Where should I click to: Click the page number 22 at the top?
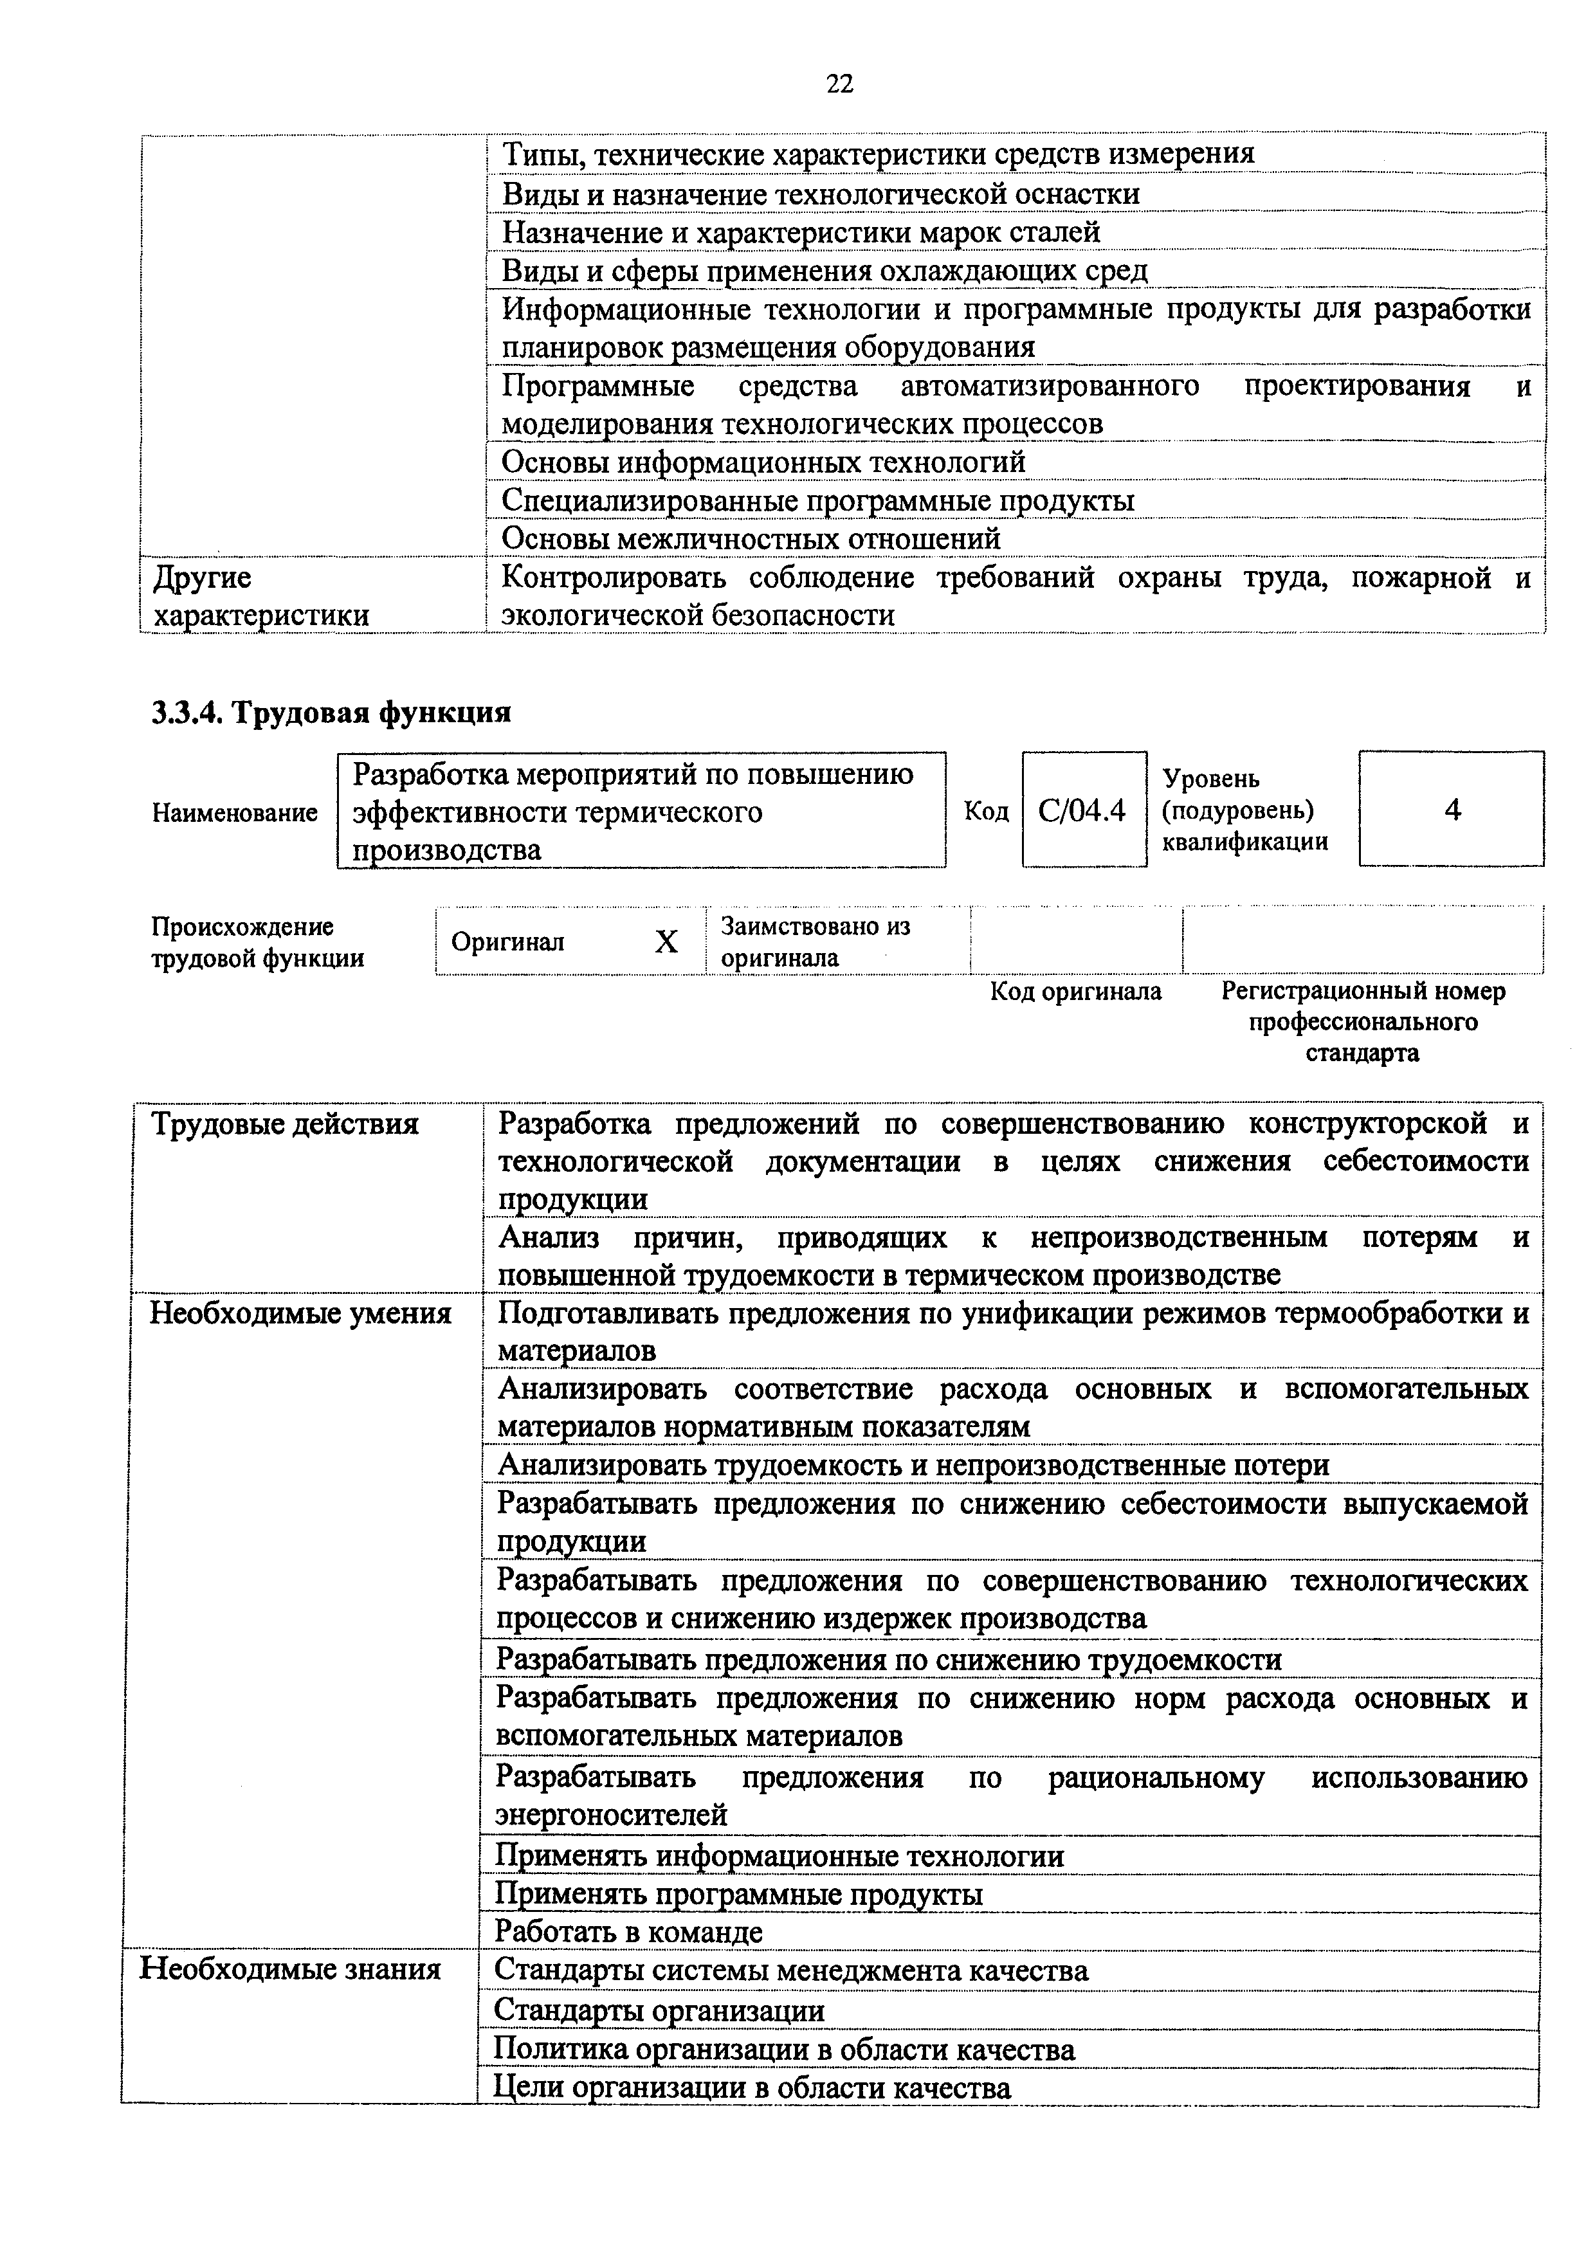(x=839, y=84)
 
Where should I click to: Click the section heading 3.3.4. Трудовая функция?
(x=331, y=713)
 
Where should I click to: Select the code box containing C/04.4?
(x=1083, y=810)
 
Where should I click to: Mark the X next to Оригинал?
(x=666, y=942)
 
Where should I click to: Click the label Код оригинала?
(x=1075, y=992)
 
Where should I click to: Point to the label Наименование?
(x=235, y=813)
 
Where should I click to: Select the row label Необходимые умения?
(x=300, y=1314)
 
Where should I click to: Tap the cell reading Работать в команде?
(x=629, y=1932)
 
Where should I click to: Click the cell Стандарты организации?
(x=659, y=2010)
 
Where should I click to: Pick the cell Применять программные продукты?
(x=739, y=1893)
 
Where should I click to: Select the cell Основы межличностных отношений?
(x=751, y=538)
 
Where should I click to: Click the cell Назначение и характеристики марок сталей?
(x=801, y=233)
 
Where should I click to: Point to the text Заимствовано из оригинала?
(x=816, y=942)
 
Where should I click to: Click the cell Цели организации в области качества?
(x=752, y=2087)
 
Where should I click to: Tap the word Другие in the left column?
(x=203, y=578)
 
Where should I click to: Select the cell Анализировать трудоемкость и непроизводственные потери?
(x=913, y=1465)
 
